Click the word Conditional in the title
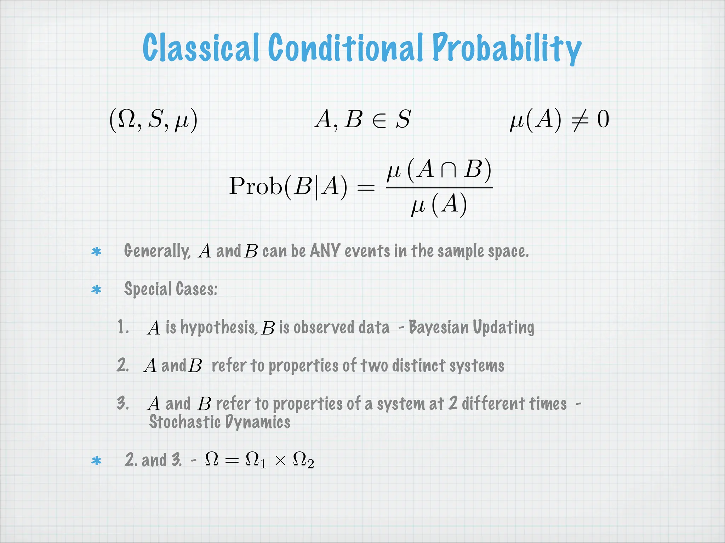coord(346,48)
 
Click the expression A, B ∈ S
coord(362,119)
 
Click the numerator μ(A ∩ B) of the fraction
coord(439,170)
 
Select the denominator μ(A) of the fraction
coord(439,205)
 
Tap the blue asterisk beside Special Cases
coord(96,290)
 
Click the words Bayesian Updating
coord(471,327)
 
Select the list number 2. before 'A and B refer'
coord(123,365)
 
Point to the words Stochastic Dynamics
coord(219,422)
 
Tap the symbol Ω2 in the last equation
coord(303,461)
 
